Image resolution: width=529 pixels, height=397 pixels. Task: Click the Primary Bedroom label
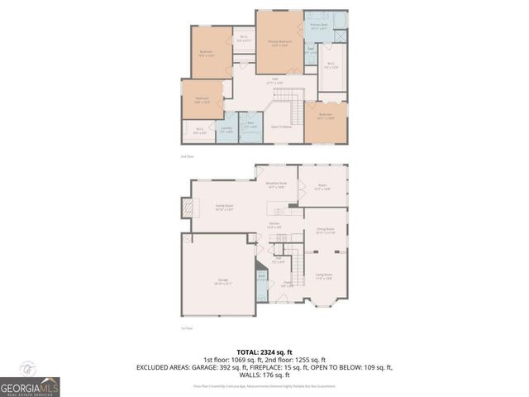point(279,41)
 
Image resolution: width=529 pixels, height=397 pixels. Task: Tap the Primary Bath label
point(320,26)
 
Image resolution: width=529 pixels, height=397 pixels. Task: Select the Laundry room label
point(226,128)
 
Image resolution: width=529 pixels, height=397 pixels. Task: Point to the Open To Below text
point(282,127)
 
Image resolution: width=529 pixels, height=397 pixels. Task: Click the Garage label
point(222,281)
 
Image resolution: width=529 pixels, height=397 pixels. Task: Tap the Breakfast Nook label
point(277,184)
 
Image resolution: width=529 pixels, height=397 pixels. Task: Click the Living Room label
point(323,275)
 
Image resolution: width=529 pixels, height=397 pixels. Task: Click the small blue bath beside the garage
point(260,279)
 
